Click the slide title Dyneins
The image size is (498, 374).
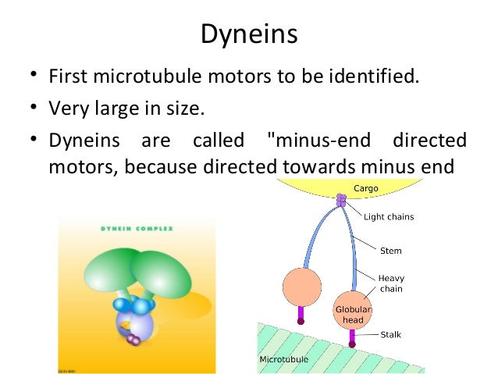248,34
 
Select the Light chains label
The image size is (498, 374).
389,216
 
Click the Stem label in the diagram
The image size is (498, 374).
390,251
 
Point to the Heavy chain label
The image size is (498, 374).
391,283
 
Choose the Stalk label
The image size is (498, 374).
390,335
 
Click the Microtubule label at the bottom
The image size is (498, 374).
283,359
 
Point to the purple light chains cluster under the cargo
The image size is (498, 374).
340,201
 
